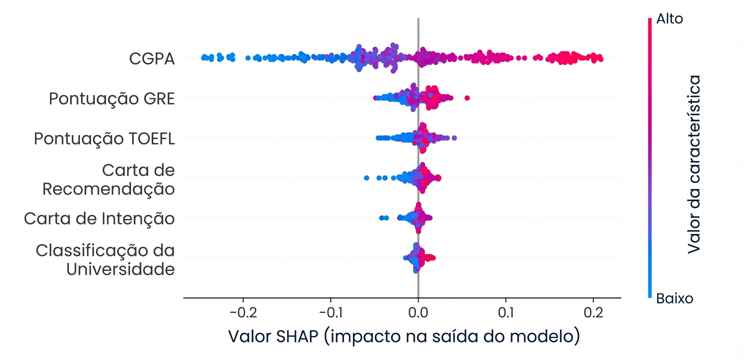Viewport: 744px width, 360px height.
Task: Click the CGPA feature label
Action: pyautogui.click(x=151, y=59)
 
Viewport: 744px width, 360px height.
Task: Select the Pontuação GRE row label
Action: pyautogui.click(x=111, y=99)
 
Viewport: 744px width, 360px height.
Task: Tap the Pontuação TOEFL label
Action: pyautogui.click(x=104, y=138)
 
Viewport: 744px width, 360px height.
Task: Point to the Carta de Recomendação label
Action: pyautogui.click(x=108, y=179)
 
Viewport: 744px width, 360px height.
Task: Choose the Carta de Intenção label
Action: pyautogui.click(x=99, y=218)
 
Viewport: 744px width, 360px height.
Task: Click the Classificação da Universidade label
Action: pyautogui.click(x=105, y=259)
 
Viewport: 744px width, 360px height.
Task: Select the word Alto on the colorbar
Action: pyautogui.click(x=669, y=19)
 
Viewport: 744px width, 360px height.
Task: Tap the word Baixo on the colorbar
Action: pyautogui.click(x=674, y=299)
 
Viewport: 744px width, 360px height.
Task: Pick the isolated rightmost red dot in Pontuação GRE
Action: pyautogui.click(x=467, y=97)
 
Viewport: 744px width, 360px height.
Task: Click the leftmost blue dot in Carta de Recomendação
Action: pyautogui.click(x=366, y=178)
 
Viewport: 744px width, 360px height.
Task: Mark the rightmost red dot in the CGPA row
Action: pyautogui.click(x=600, y=59)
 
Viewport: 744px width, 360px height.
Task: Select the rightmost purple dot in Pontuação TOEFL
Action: pyautogui.click(x=454, y=137)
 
